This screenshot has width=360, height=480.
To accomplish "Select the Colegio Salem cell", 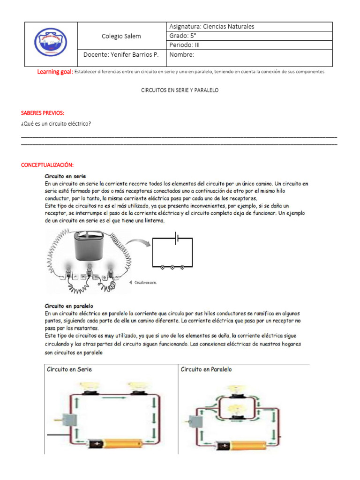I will pos(121,36).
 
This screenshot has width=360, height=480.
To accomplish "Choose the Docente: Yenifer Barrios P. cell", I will pos(121,55).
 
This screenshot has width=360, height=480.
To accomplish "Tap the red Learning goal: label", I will pos(55,72).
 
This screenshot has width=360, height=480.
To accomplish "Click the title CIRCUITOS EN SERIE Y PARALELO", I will pos(180,90).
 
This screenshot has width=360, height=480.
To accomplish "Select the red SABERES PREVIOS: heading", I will pos(43,113).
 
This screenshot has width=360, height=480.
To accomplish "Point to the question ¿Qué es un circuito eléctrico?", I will pos(56,124).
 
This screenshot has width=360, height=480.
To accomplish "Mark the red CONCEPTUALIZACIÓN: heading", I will pos(48,165).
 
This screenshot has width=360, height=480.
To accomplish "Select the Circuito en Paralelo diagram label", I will pos(206,369).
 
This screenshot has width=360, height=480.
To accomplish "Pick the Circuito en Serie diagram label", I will pos(69,369).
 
